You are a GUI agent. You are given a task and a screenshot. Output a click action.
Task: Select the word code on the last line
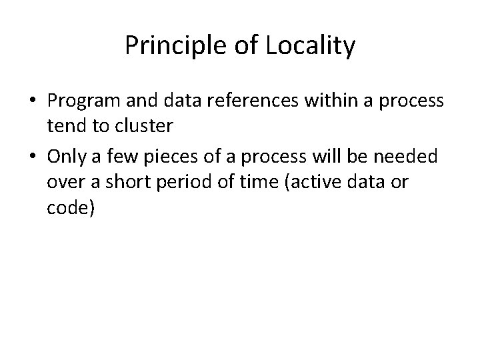(x=68, y=209)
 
